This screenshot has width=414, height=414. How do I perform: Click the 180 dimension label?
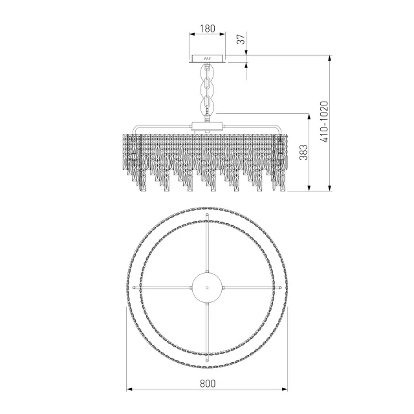(x=208, y=28)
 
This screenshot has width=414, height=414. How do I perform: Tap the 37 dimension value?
(x=241, y=39)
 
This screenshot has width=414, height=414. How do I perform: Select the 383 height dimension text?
(x=303, y=153)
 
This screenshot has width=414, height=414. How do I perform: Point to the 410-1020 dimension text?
(x=324, y=122)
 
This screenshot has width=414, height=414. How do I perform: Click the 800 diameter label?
(x=208, y=383)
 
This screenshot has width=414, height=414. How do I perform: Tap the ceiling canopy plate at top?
(x=208, y=59)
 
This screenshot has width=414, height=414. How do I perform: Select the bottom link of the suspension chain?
(x=208, y=105)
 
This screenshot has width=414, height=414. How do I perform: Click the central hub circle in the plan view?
(x=207, y=287)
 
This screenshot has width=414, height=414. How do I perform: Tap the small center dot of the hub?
(x=207, y=287)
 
